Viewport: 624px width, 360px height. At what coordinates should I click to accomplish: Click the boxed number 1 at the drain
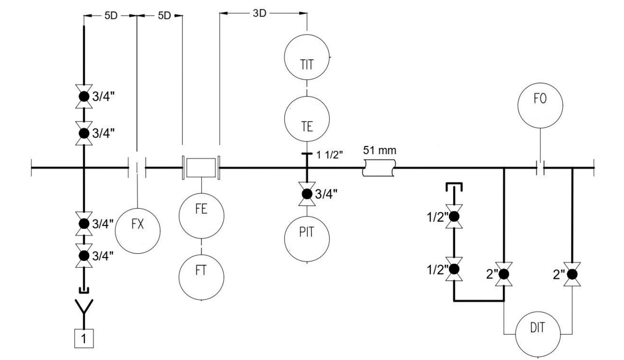point(84,339)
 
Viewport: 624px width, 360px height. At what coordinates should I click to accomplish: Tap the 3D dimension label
point(260,13)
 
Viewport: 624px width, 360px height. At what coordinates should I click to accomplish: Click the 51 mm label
point(379,150)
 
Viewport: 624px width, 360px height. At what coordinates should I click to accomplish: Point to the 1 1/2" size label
point(329,155)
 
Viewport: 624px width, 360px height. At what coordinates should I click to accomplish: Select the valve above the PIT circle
point(307,194)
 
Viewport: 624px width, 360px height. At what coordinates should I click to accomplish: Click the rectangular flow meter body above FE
point(201,168)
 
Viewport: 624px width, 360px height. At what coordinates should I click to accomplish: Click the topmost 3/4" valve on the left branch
point(84,97)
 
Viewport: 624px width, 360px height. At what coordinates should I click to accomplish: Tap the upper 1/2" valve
point(454,217)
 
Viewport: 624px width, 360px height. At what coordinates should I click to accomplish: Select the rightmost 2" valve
point(572,275)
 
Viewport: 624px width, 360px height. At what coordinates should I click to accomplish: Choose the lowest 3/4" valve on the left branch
point(84,255)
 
